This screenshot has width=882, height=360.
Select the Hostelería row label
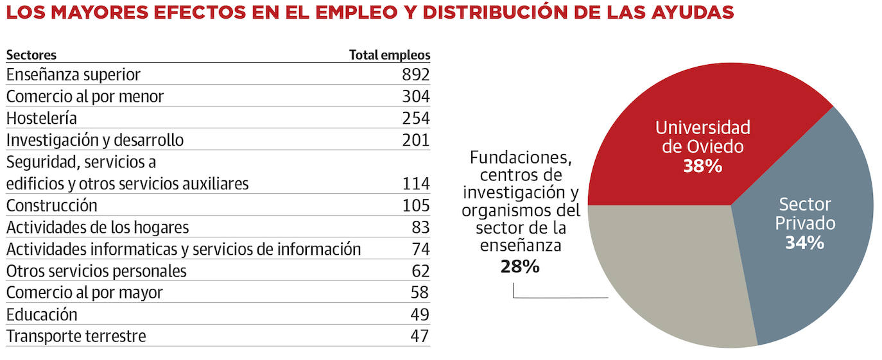42,118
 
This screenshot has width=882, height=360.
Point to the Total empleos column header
390,55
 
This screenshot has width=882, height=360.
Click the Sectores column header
31,55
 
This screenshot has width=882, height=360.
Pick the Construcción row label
52,205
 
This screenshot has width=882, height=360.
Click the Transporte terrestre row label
76,336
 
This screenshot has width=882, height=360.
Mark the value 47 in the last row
420,336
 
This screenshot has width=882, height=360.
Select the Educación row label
42,314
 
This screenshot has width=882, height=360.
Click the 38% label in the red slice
702,166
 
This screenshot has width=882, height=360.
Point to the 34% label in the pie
804,243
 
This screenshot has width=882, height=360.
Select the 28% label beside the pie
520,266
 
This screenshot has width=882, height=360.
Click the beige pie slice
668,276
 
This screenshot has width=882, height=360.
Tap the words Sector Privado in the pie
805,214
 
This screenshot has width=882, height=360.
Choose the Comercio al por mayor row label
85,293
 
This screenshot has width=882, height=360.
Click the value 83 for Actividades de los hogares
420,227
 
